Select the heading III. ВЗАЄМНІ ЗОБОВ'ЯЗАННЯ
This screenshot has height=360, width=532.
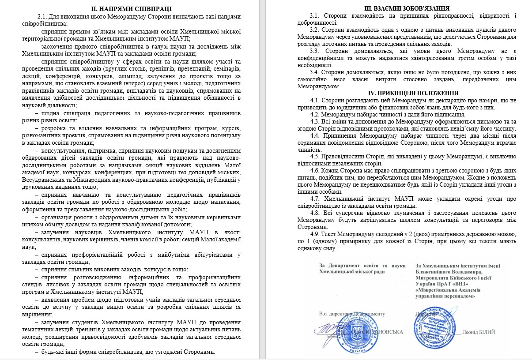[401, 9]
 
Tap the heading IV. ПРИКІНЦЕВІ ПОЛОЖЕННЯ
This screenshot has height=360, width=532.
[401, 93]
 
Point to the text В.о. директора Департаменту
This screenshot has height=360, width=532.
[351, 314]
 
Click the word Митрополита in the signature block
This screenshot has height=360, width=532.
[434, 277]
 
